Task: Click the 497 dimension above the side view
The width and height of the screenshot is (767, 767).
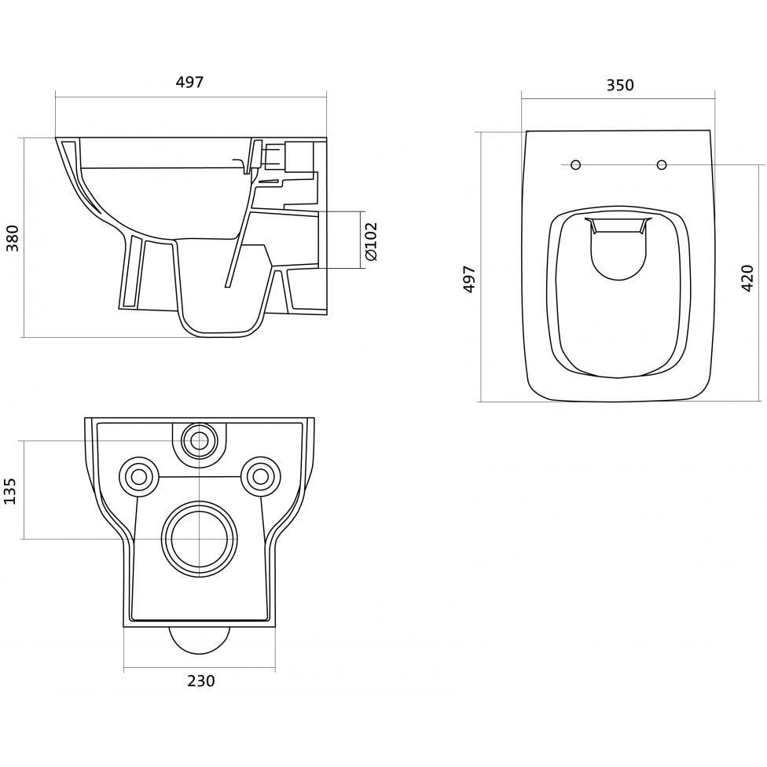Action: point(189,83)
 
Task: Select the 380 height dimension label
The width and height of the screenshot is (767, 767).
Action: point(13,238)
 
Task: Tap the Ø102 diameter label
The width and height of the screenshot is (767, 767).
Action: point(371,241)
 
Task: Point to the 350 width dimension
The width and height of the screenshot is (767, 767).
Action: point(620,85)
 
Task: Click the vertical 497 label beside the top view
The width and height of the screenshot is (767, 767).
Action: point(469,279)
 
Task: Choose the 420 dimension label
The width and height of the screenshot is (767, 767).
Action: point(747,278)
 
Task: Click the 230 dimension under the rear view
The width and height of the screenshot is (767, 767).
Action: point(201,681)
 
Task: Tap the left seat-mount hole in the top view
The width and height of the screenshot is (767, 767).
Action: point(576,165)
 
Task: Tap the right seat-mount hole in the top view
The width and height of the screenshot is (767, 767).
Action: point(662,165)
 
